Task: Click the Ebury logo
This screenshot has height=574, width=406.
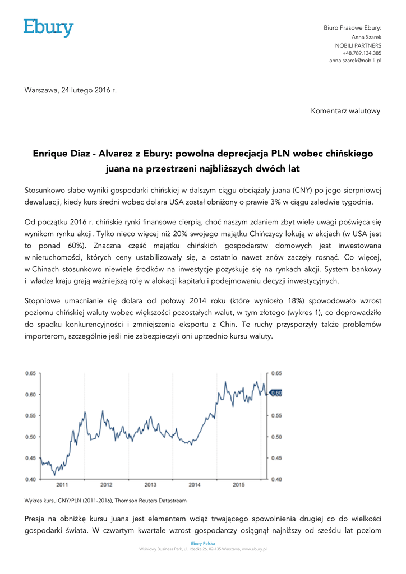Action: [x=48, y=27]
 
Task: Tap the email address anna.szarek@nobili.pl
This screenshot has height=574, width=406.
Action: [x=355, y=59]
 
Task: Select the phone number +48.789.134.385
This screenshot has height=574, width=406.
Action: [x=362, y=52]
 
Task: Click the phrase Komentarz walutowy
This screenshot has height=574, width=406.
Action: [x=345, y=110]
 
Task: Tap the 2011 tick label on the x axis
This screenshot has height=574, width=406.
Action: [x=62, y=484]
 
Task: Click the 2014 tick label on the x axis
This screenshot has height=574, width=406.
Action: [x=195, y=484]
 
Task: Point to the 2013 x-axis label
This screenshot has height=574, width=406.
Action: [x=150, y=484]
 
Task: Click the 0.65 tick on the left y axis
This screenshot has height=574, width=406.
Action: [x=30, y=373]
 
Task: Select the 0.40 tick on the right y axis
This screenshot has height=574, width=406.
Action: [x=277, y=479]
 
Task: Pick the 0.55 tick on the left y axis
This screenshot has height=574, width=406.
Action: [x=30, y=415]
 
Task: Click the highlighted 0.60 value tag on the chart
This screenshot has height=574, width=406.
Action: [x=276, y=393]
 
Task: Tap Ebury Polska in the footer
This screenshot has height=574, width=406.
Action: [x=203, y=544]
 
